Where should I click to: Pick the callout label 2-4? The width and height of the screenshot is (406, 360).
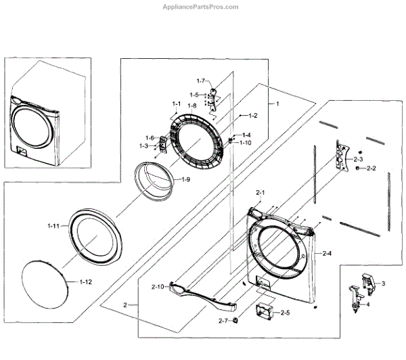(328, 254)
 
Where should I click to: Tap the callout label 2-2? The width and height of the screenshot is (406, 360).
(371, 168)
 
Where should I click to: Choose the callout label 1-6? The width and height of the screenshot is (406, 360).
(149, 138)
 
